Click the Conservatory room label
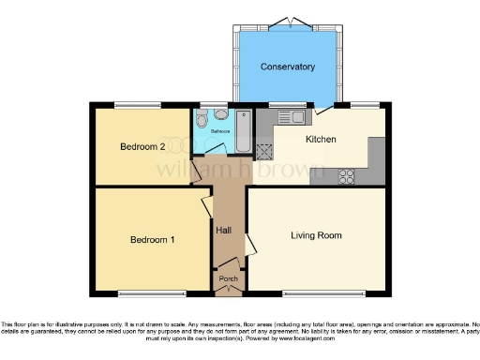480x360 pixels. (288, 67)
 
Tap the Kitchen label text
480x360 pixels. (322, 139)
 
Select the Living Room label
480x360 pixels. (316, 235)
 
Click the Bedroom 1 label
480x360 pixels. (152, 240)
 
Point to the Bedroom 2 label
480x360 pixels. (142, 147)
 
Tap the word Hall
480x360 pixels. (224, 230)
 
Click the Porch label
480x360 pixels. (228, 278)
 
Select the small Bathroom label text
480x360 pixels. (220, 132)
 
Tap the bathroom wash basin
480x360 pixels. (220, 114)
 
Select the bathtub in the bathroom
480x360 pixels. (242, 132)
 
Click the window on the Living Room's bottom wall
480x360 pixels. (314, 293)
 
